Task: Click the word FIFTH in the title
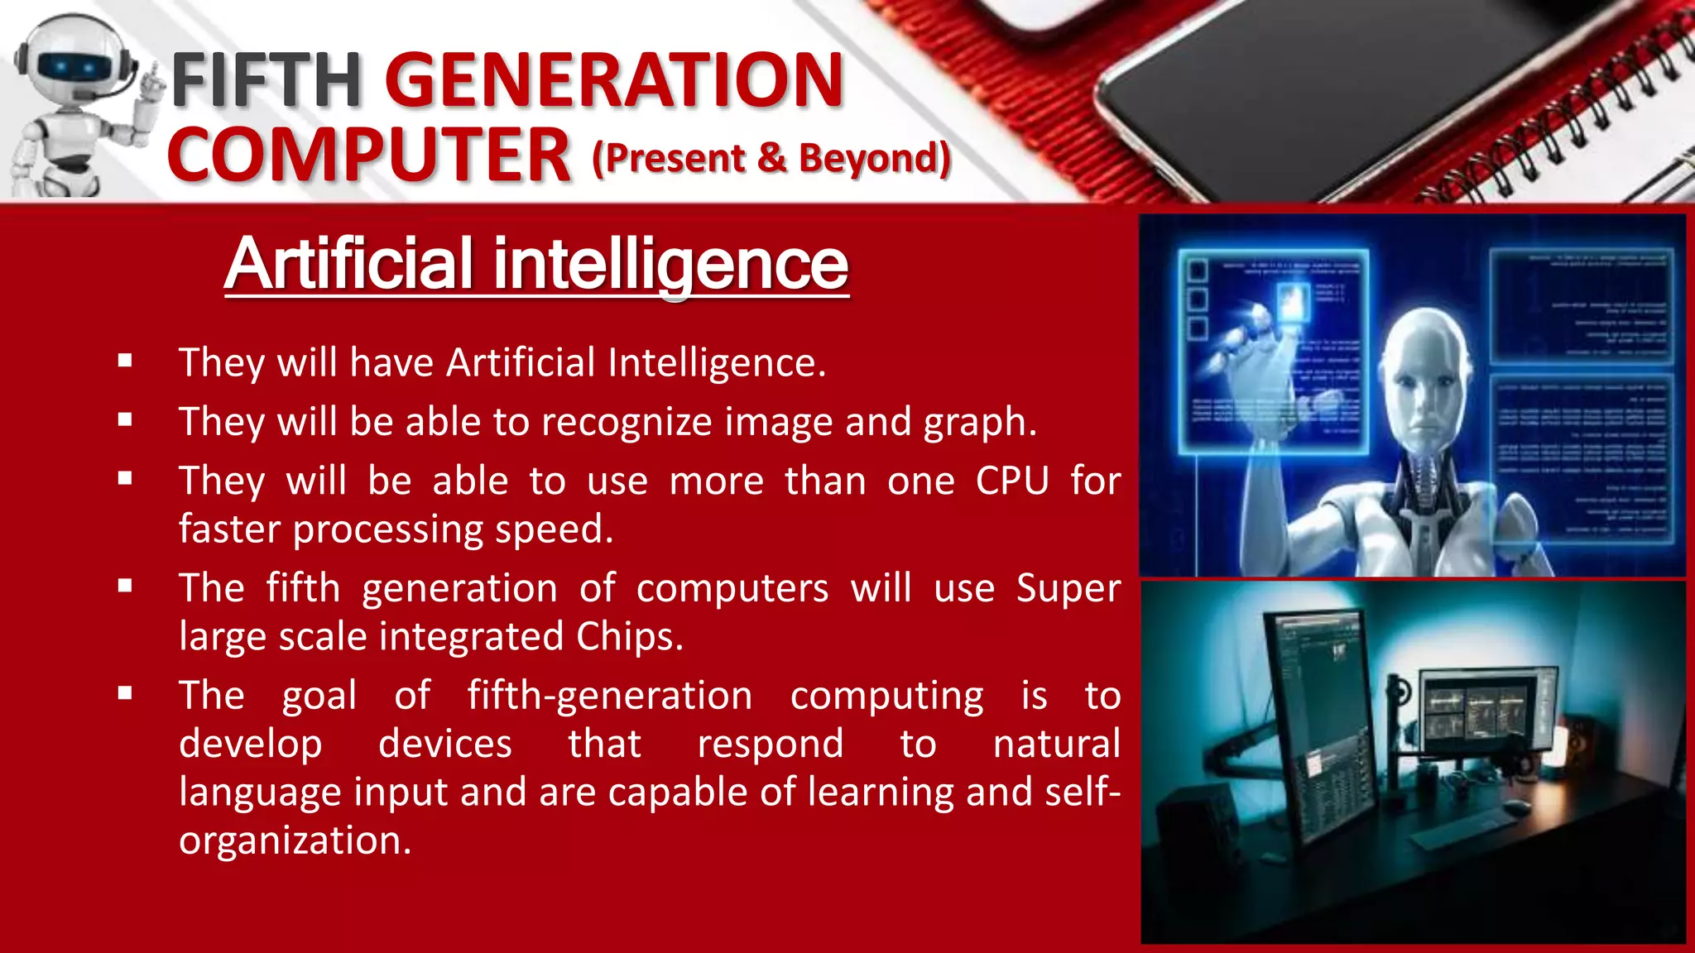click(266, 79)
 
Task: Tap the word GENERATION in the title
click(613, 79)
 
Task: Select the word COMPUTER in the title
click(369, 156)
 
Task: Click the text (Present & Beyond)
click(771, 158)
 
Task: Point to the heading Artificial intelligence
click(536, 264)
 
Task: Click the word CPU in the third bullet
click(1012, 481)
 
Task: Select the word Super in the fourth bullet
click(1068, 588)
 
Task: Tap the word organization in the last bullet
click(295, 840)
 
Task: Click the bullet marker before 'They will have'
click(125, 361)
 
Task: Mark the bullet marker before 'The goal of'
click(125, 693)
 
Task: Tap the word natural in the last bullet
click(1056, 744)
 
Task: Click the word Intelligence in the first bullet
click(716, 362)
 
